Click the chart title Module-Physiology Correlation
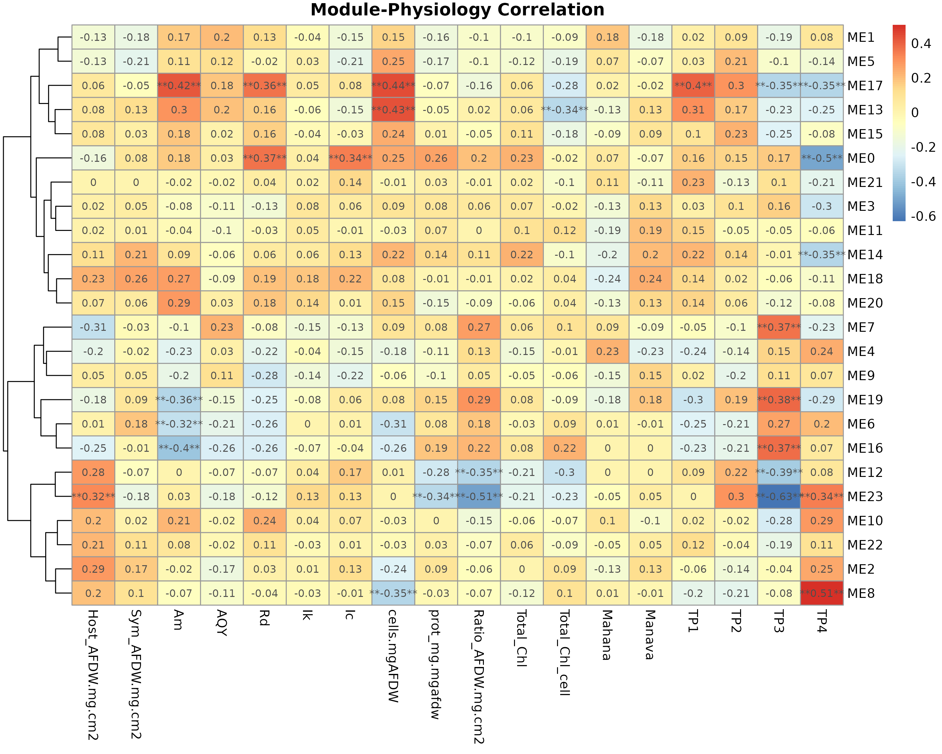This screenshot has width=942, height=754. coord(457,10)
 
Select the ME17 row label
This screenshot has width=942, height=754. coord(865,86)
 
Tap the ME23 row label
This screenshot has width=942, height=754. coord(865,497)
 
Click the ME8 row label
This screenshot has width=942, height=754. coord(861,593)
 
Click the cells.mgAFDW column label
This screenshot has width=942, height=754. coord(393,656)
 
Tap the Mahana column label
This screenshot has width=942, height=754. coord(607,635)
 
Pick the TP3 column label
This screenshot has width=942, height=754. coord(779,621)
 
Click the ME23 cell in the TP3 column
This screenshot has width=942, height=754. coord(779,497)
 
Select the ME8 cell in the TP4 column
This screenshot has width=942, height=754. coord(821,593)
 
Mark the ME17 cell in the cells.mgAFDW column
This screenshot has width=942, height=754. coord(393,86)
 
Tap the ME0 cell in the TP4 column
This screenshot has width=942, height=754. coord(821,158)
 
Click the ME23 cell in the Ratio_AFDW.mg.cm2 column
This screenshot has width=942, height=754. coord(479,497)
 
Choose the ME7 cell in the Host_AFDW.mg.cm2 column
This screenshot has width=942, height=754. coord(93,327)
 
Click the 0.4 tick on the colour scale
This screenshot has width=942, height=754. coord(921,44)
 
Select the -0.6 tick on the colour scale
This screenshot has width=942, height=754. coord(923,216)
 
